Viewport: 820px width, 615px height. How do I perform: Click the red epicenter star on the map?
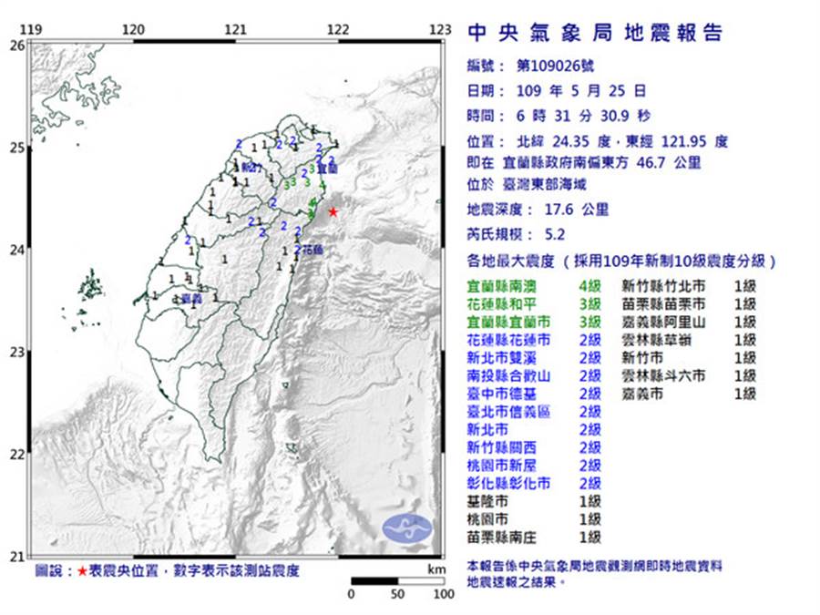coord(333,211)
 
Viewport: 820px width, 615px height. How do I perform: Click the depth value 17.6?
coord(556,210)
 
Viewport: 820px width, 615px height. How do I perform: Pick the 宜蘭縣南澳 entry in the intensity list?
coord(503,286)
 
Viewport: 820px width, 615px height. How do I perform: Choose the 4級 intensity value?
coord(589,286)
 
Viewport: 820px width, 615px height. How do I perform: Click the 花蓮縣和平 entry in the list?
coord(503,303)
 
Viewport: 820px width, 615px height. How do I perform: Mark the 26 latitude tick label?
coord(17,44)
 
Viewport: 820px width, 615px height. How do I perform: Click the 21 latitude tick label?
coord(17,556)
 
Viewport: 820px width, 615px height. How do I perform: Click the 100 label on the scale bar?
coord(444,594)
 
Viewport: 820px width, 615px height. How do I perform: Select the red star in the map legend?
coord(83,571)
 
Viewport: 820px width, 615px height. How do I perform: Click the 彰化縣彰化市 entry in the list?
coord(508,483)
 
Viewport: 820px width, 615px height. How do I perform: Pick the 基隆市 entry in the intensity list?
coord(490,501)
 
